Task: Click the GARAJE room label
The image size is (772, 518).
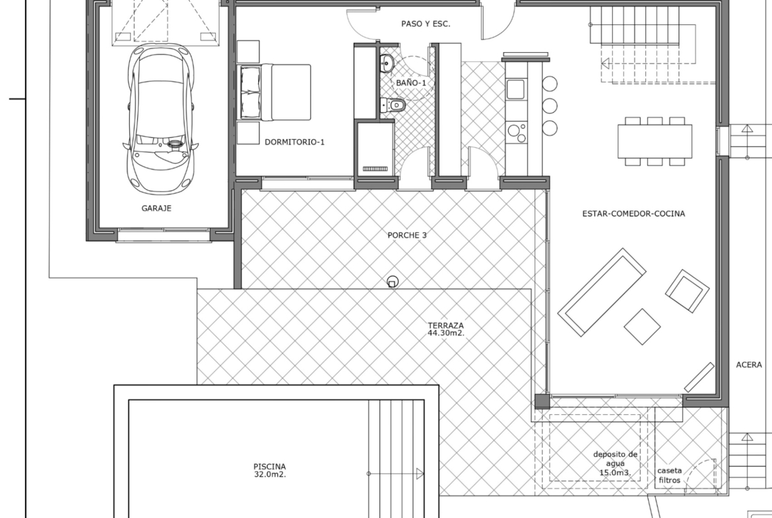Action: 156,209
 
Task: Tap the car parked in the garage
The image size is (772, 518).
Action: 160,119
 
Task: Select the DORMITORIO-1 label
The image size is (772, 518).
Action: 294,143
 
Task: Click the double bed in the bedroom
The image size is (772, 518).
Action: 274,92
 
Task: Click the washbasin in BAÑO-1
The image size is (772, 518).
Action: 387,63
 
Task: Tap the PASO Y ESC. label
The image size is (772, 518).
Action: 426,24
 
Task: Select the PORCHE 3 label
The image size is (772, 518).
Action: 407,236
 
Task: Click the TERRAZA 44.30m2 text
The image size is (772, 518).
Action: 445,329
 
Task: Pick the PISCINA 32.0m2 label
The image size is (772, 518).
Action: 270,470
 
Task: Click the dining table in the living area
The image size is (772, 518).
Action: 655,141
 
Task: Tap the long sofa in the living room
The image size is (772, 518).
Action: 602,292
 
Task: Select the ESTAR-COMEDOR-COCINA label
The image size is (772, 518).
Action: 633,214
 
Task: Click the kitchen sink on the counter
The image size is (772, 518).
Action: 516,89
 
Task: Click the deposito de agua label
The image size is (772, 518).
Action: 616,463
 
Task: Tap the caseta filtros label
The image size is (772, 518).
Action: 670,475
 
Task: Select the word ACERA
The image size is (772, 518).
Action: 749,365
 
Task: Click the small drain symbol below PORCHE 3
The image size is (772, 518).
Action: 393,282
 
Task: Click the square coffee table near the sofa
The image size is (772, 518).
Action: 643,327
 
